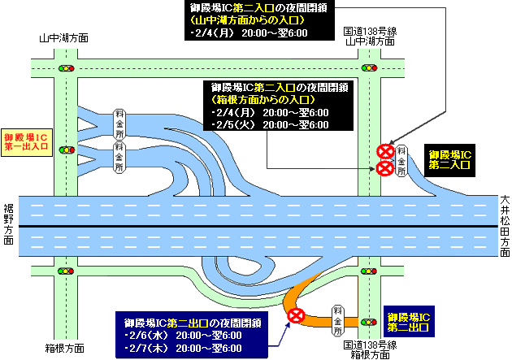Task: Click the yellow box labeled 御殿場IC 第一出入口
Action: tap(27, 142)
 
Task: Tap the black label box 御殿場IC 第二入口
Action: tap(449, 160)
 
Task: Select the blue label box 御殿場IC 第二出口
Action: tap(409, 322)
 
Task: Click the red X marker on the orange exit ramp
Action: tap(296, 315)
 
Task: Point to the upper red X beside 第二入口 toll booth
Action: tap(385, 152)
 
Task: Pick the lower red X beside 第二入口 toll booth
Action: tap(385, 168)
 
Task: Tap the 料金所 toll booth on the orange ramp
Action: tap(337, 321)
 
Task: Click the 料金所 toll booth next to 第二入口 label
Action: tap(401, 161)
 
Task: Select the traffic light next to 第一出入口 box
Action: tap(67, 150)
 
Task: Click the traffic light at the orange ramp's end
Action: tap(369, 322)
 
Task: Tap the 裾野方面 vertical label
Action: tap(9, 224)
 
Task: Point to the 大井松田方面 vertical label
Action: tap(505, 226)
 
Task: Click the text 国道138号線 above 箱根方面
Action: tap(370, 345)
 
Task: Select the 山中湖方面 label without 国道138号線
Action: tap(64, 38)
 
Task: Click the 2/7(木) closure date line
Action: tap(183, 349)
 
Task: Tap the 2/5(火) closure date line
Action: tap(270, 124)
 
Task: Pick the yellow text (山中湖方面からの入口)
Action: tap(248, 20)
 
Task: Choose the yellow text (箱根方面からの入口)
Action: tap(263, 99)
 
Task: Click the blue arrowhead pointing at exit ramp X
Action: tap(288, 326)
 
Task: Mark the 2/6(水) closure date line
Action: tap(183, 336)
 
